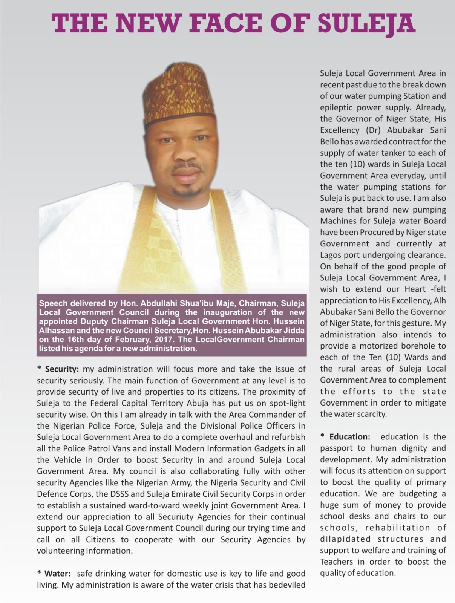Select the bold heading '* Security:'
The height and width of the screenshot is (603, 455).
[x=58, y=369]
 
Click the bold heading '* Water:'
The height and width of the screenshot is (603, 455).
[x=54, y=574]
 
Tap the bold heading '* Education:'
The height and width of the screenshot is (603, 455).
[x=345, y=437]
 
